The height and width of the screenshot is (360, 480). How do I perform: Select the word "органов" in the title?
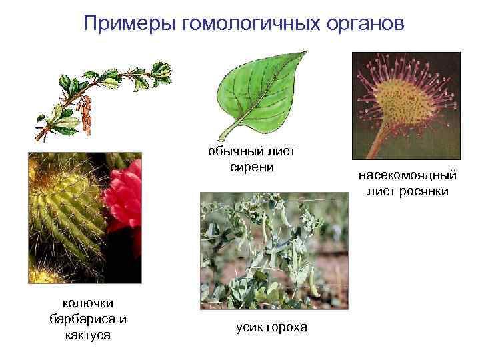pyautogui.click(x=361, y=24)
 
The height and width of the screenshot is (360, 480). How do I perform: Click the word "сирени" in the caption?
pyautogui.click(x=252, y=167)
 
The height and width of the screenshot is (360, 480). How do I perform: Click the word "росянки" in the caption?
pyautogui.click(x=426, y=191)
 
